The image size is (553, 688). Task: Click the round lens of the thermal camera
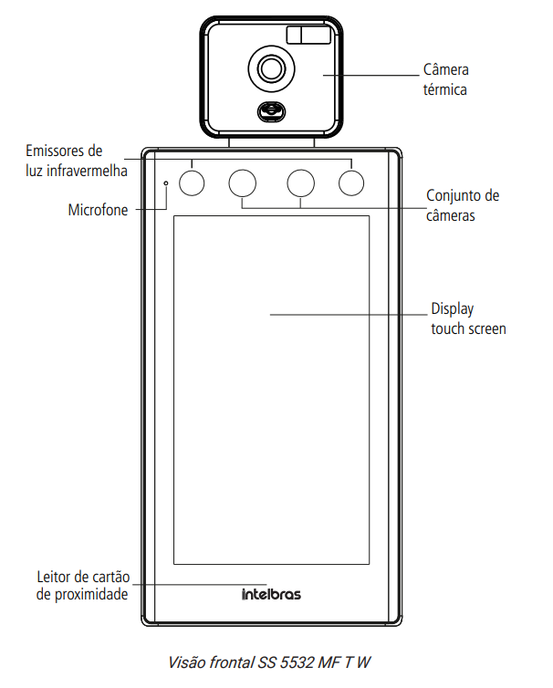click(x=271, y=68)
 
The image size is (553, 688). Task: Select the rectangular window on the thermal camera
click(x=308, y=36)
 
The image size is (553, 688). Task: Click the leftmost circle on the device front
click(x=193, y=182)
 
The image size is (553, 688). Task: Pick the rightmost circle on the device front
click(x=351, y=182)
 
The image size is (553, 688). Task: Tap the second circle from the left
click(x=243, y=182)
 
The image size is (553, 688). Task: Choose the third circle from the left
click(x=301, y=182)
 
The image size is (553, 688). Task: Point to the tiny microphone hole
click(x=166, y=183)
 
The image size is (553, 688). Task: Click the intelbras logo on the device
click(x=271, y=595)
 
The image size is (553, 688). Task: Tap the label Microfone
click(x=98, y=210)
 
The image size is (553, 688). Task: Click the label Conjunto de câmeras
click(x=463, y=205)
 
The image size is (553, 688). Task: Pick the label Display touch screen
click(x=467, y=318)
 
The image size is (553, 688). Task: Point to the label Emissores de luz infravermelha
click(x=76, y=160)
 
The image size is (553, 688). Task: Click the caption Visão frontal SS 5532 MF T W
click(x=270, y=660)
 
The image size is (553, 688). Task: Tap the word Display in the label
click(x=452, y=309)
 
